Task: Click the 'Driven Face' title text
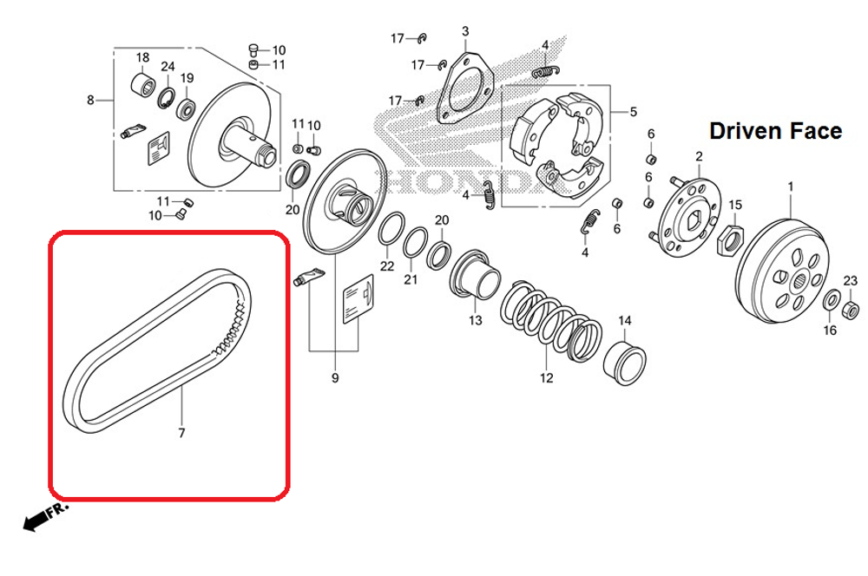[x=775, y=131]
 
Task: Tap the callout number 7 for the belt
[x=181, y=433]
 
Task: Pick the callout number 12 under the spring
[x=545, y=378]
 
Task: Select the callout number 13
[x=475, y=320]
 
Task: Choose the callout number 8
[x=90, y=100]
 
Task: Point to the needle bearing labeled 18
[x=143, y=88]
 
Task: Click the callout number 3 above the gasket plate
[x=464, y=32]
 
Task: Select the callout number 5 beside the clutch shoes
[x=633, y=112]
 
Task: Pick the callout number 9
[x=335, y=378]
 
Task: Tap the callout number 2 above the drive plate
[x=698, y=156]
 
